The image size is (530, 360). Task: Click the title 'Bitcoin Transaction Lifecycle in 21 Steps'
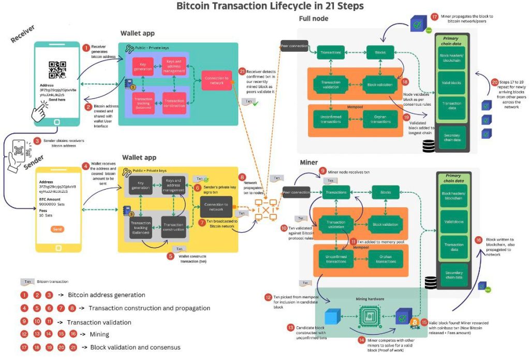click(x=270, y=6)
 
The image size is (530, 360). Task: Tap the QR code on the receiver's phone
click(x=57, y=70)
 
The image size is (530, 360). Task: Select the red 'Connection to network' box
click(x=216, y=80)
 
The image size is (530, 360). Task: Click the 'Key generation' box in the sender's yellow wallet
click(x=141, y=185)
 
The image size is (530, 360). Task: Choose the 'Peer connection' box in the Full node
click(x=295, y=46)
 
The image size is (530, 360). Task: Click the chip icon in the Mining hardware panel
click(x=367, y=315)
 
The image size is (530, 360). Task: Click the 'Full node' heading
click(x=314, y=19)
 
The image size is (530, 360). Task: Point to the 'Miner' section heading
click(x=309, y=163)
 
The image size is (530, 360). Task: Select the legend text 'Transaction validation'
click(x=99, y=322)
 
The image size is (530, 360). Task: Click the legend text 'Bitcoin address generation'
click(x=107, y=295)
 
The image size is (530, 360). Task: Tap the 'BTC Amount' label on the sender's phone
click(x=51, y=198)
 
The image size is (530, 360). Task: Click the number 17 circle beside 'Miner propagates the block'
click(x=433, y=17)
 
